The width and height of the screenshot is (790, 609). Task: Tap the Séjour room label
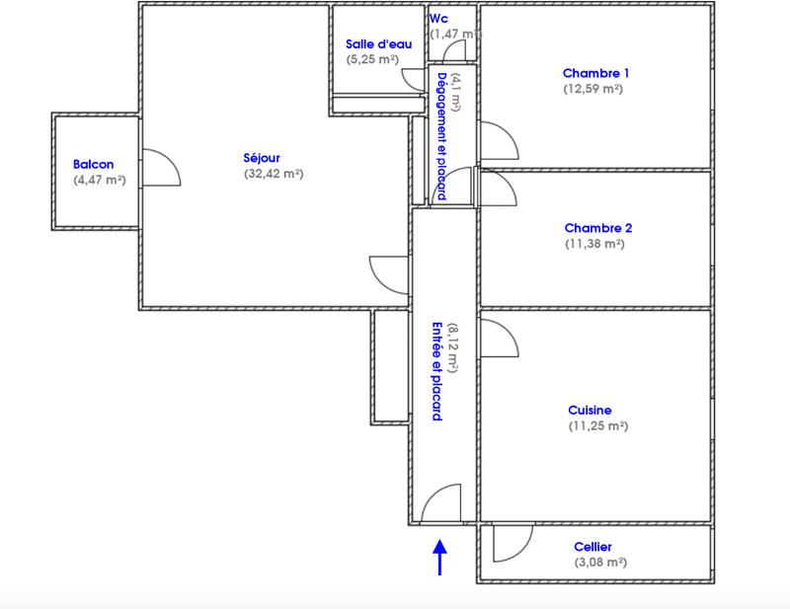[x=262, y=158]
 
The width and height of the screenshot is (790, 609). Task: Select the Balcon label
[x=94, y=165]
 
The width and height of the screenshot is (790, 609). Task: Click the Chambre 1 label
[x=595, y=73]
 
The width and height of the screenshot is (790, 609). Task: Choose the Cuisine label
[x=590, y=411]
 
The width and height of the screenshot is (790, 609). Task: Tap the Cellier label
[x=592, y=547]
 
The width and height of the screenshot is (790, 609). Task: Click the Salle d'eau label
[x=371, y=43]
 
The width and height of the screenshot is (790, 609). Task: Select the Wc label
[x=437, y=18]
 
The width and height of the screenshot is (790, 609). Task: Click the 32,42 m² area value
[x=273, y=174]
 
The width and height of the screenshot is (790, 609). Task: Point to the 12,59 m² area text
[x=593, y=89]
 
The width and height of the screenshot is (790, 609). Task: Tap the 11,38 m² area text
[x=594, y=244]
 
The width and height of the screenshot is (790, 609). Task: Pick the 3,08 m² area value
[x=600, y=563]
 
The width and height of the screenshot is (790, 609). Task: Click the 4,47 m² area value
[x=97, y=181]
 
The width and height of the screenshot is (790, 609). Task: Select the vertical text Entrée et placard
[x=436, y=372]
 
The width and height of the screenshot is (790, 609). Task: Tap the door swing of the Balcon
[x=161, y=168]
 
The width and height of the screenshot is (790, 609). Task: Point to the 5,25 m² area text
[x=371, y=59]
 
